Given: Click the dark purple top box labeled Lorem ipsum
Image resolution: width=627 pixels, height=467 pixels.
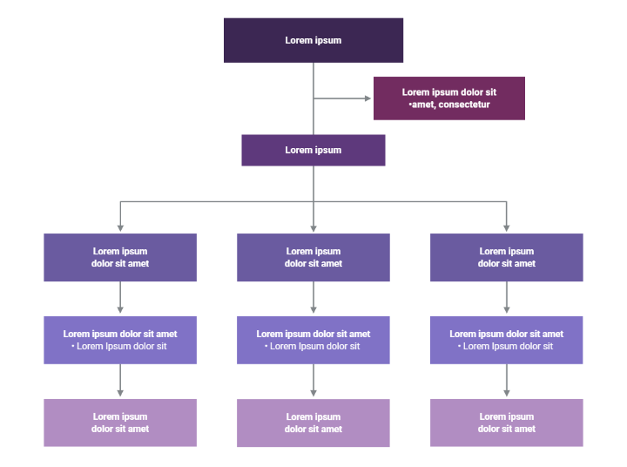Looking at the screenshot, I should click(x=313, y=40).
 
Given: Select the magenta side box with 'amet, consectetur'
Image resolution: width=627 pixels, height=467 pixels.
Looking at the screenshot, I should click(x=448, y=98).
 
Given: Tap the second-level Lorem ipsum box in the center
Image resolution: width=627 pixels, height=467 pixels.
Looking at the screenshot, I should click(x=313, y=150).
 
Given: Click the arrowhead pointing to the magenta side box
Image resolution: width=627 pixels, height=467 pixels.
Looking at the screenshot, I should click(x=367, y=98).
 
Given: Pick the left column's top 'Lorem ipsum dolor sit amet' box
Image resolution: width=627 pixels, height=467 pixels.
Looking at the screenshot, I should click(x=120, y=257).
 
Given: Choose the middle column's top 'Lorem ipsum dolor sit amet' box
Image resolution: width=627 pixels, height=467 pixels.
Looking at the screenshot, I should click(x=313, y=257).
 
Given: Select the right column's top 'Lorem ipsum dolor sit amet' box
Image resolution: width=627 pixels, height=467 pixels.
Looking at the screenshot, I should click(x=506, y=257).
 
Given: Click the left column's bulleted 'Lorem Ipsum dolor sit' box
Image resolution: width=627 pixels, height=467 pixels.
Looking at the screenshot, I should click(x=120, y=340).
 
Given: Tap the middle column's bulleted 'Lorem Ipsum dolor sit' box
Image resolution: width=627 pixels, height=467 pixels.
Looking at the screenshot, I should click(x=313, y=340).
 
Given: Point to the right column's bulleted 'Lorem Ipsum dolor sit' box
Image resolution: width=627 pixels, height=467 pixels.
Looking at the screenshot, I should click(x=506, y=340).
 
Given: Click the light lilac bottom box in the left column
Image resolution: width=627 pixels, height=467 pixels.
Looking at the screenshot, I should click(x=120, y=423).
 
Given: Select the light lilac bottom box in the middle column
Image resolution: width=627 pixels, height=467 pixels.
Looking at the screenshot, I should click(x=313, y=423).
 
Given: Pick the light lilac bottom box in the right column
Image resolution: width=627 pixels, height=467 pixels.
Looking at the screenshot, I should click(x=506, y=423).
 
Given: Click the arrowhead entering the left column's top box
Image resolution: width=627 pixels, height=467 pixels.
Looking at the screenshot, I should click(x=120, y=228).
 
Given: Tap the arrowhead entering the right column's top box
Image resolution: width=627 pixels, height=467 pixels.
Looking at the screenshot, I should click(x=506, y=228).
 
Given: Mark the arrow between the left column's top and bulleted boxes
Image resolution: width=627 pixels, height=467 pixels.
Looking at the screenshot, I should click(x=120, y=299).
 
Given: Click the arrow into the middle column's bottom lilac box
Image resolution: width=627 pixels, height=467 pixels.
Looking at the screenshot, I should click(x=313, y=382).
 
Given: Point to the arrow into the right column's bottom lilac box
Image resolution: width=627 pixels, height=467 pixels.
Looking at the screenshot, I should click(x=506, y=382).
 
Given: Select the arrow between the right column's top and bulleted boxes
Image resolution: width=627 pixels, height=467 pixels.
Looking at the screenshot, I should click(x=506, y=299).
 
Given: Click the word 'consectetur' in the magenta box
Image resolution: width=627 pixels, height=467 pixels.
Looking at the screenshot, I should click(x=465, y=105).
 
